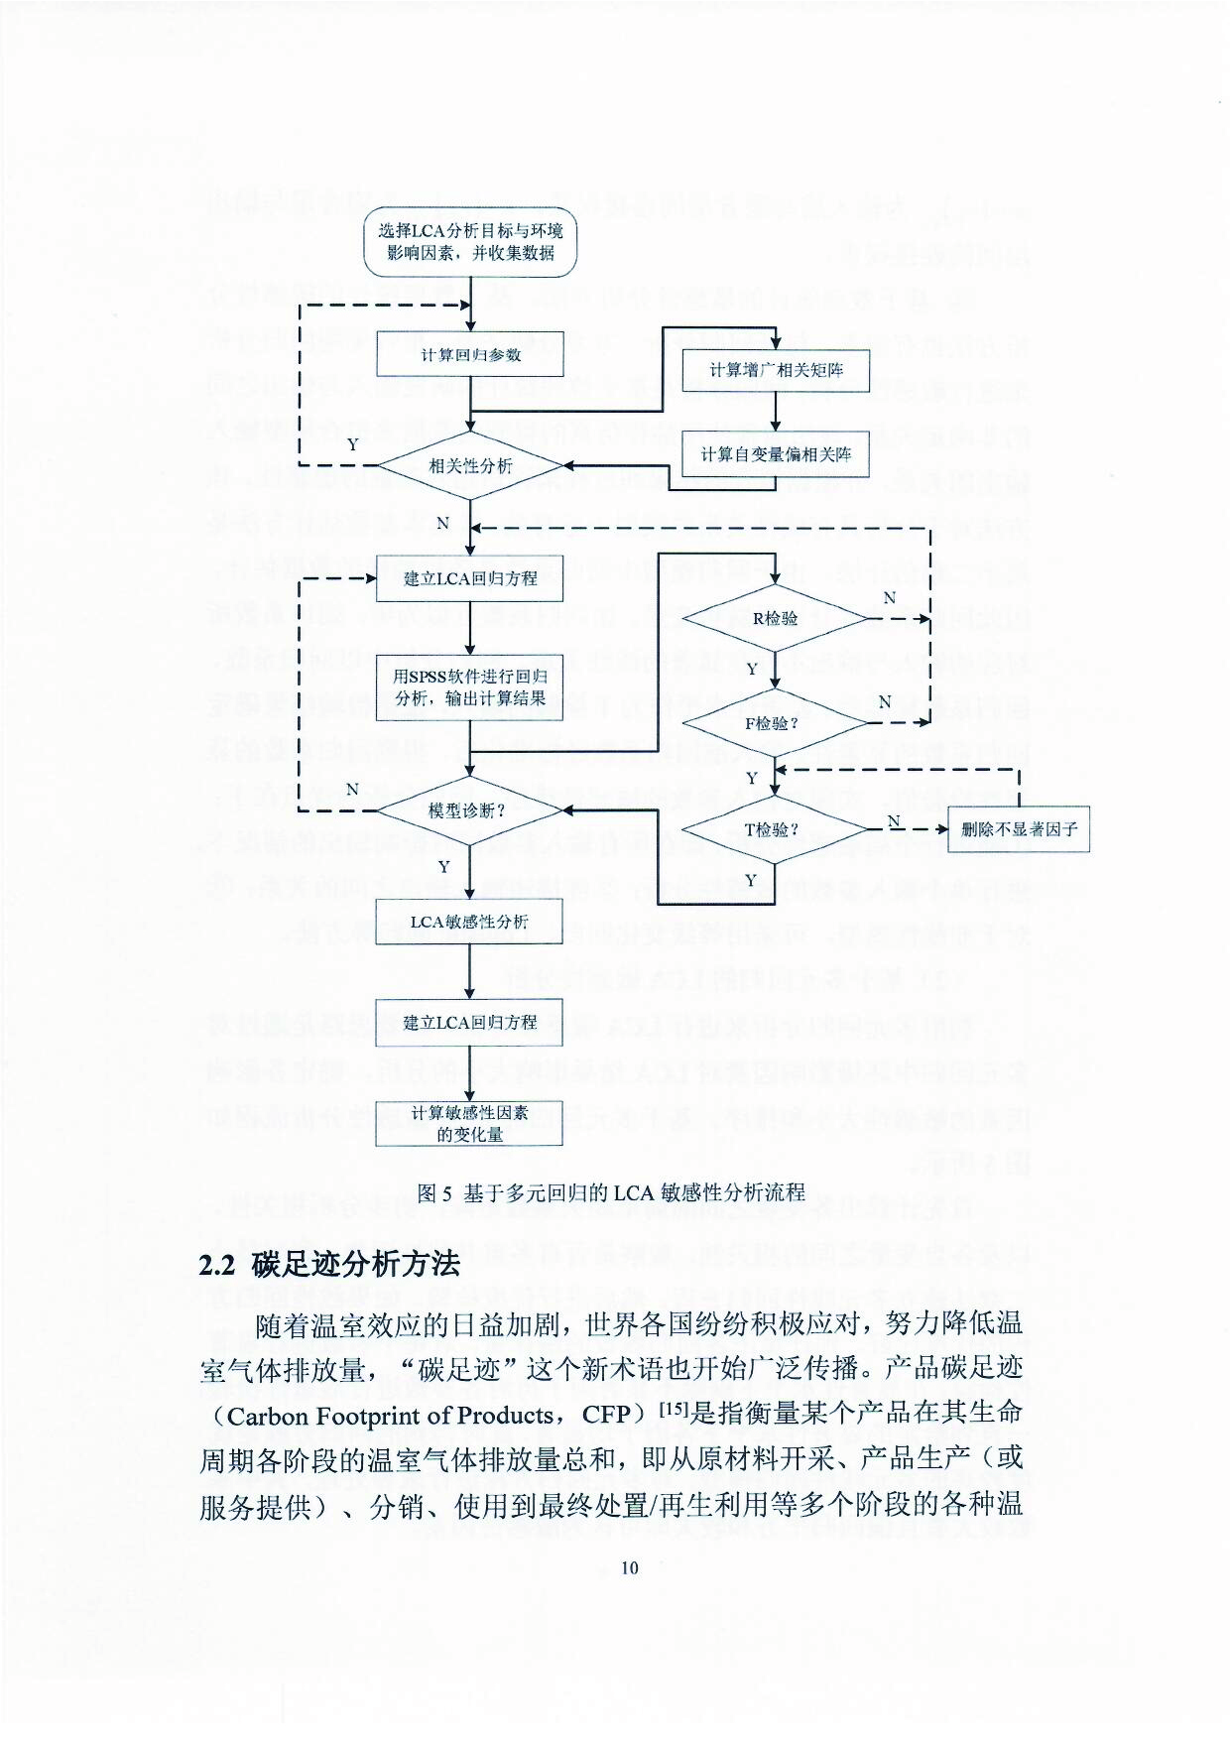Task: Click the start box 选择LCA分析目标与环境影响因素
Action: click(x=470, y=242)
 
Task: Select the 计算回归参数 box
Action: click(x=470, y=354)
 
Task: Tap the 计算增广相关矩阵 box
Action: click(x=776, y=370)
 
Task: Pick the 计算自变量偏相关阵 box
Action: click(x=776, y=454)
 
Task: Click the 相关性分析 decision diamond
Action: click(x=470, y=465)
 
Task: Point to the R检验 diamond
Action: click(x=775, y=618)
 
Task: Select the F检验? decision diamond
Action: click(x=775, y=723)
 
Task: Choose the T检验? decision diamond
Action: click(x=775, y=829)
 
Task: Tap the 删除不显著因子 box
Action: click(x=1019, y=829)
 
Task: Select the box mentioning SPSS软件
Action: click(x=470, y=686)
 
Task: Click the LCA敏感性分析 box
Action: click(x=469, y=922)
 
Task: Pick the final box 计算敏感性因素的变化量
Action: click(x=469, y=1123)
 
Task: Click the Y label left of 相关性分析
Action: click(x=352, y=444)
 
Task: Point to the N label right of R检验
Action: click(x=889, y=597)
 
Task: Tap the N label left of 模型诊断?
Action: click(x=352, y=789)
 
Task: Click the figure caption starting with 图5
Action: click(x=611, y=1192)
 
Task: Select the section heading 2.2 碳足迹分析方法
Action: click(x=329, y=1264)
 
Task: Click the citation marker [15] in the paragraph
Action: click(x=674, y=1409)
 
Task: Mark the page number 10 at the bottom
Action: click(x=630, y=1567)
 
